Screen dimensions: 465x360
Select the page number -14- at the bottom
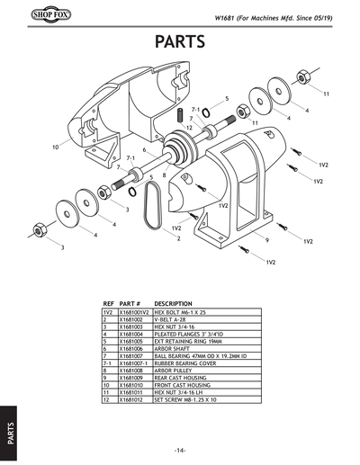coord(180,450)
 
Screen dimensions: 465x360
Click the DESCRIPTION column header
coord(175,304)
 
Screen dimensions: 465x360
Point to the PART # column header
coord(130,304)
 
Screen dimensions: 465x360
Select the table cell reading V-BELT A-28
coord(171,319)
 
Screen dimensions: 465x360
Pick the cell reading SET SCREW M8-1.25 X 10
coord(188,398)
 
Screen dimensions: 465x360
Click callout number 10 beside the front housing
coord(55,146)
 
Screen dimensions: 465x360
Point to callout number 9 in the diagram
coord(268,240)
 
